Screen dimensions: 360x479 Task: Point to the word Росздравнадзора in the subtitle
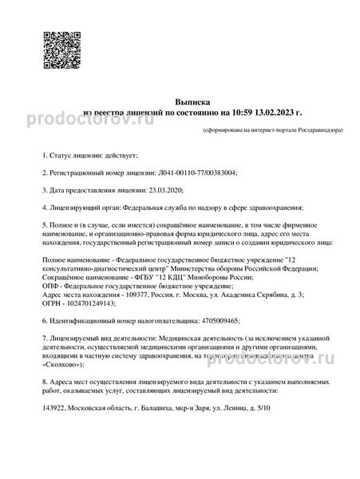[307, 129]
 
